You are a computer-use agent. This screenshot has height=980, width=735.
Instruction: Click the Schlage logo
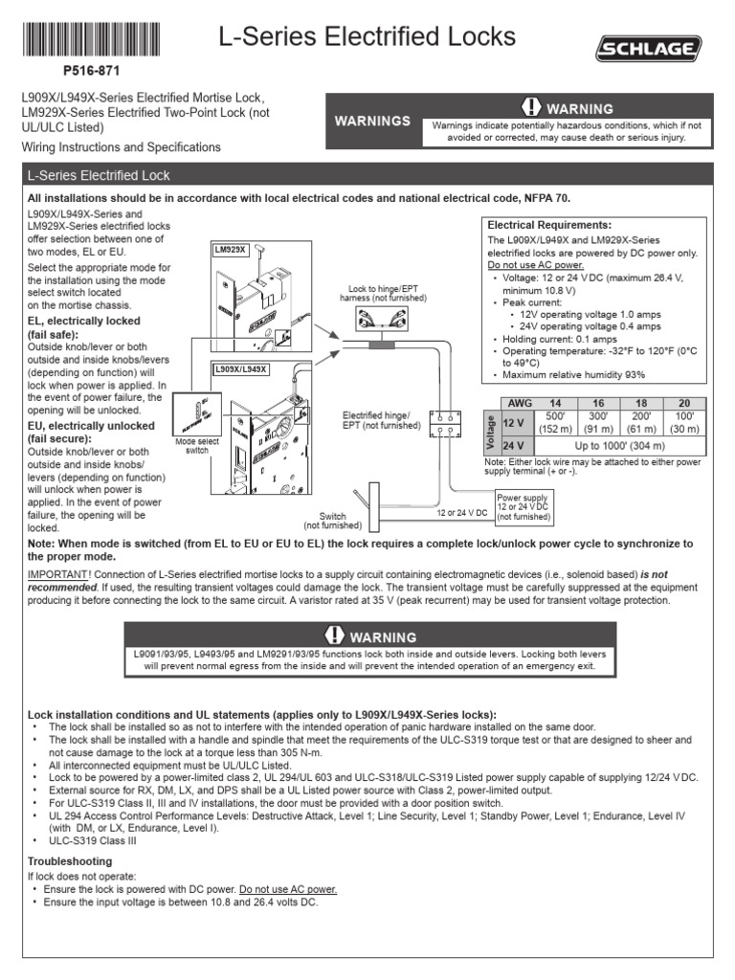coord(649,48)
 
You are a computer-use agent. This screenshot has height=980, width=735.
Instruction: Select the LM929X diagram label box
coord(230,250)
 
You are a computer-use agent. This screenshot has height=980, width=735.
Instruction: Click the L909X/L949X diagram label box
coord(239,368)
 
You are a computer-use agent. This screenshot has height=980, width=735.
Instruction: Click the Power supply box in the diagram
coord(523,506)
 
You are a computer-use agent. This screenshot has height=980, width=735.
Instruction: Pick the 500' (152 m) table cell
coord(554,422)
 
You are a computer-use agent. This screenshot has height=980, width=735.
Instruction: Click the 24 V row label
coord(514,446)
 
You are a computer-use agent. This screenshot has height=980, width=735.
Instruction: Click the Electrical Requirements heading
coord(549,224)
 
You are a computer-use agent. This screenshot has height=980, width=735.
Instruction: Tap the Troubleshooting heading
coord(70,861)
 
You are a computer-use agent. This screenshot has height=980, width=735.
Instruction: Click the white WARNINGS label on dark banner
coord(372,121)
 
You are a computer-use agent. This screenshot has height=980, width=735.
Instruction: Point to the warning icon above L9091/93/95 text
coord(334,635)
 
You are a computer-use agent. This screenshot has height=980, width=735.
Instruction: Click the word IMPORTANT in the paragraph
coord(56,573)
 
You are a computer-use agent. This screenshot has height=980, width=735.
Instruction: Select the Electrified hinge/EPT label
coord(382,420)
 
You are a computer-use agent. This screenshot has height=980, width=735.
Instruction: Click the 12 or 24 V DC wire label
coord(463,514)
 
